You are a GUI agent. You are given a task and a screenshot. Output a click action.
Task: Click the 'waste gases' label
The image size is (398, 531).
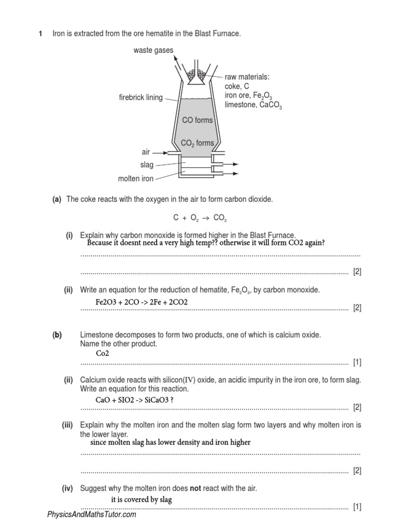point(153,50)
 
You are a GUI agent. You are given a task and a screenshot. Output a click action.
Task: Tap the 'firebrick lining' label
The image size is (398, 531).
point(140,97)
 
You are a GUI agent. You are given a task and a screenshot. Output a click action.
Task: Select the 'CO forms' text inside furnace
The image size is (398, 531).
point(197,120)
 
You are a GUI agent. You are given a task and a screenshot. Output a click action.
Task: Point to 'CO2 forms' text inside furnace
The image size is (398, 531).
point(197,143)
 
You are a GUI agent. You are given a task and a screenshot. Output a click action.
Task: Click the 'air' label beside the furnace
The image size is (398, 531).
point(146,152)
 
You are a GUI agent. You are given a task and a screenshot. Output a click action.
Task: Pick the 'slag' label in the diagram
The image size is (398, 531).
point(147,165)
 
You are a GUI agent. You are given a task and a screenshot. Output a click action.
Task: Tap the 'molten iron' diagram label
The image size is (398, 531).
point(136,179)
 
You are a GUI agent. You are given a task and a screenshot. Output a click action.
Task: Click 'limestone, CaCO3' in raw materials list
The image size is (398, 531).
point(253,105)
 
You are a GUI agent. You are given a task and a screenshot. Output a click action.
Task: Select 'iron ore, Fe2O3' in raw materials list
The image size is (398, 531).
point(248,96)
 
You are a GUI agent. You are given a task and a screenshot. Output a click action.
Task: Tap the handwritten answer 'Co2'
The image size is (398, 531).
point(99,353)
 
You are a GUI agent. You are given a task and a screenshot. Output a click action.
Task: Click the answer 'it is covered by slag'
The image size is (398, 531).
point(141,499)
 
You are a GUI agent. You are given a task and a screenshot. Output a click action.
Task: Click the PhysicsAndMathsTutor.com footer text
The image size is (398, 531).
point(92,515)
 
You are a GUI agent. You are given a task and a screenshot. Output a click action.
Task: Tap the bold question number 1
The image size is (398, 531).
point(41,34)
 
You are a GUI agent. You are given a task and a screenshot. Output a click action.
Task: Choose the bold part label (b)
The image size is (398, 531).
point(56,335)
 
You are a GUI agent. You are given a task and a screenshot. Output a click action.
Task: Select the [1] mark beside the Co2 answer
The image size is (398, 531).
point(357,362)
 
